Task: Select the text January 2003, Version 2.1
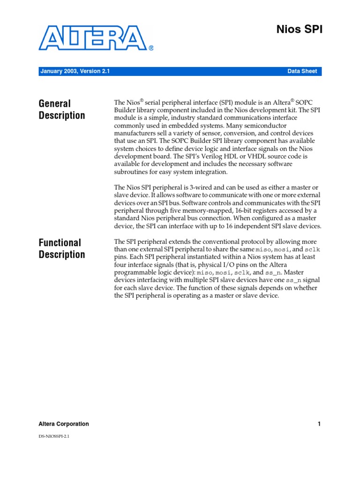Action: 75,71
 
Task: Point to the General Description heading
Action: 62,109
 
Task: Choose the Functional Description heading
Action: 62,248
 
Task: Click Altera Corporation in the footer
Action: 63,424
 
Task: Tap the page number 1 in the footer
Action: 319,424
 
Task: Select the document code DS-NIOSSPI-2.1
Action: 54,436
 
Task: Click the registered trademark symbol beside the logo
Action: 151,48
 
